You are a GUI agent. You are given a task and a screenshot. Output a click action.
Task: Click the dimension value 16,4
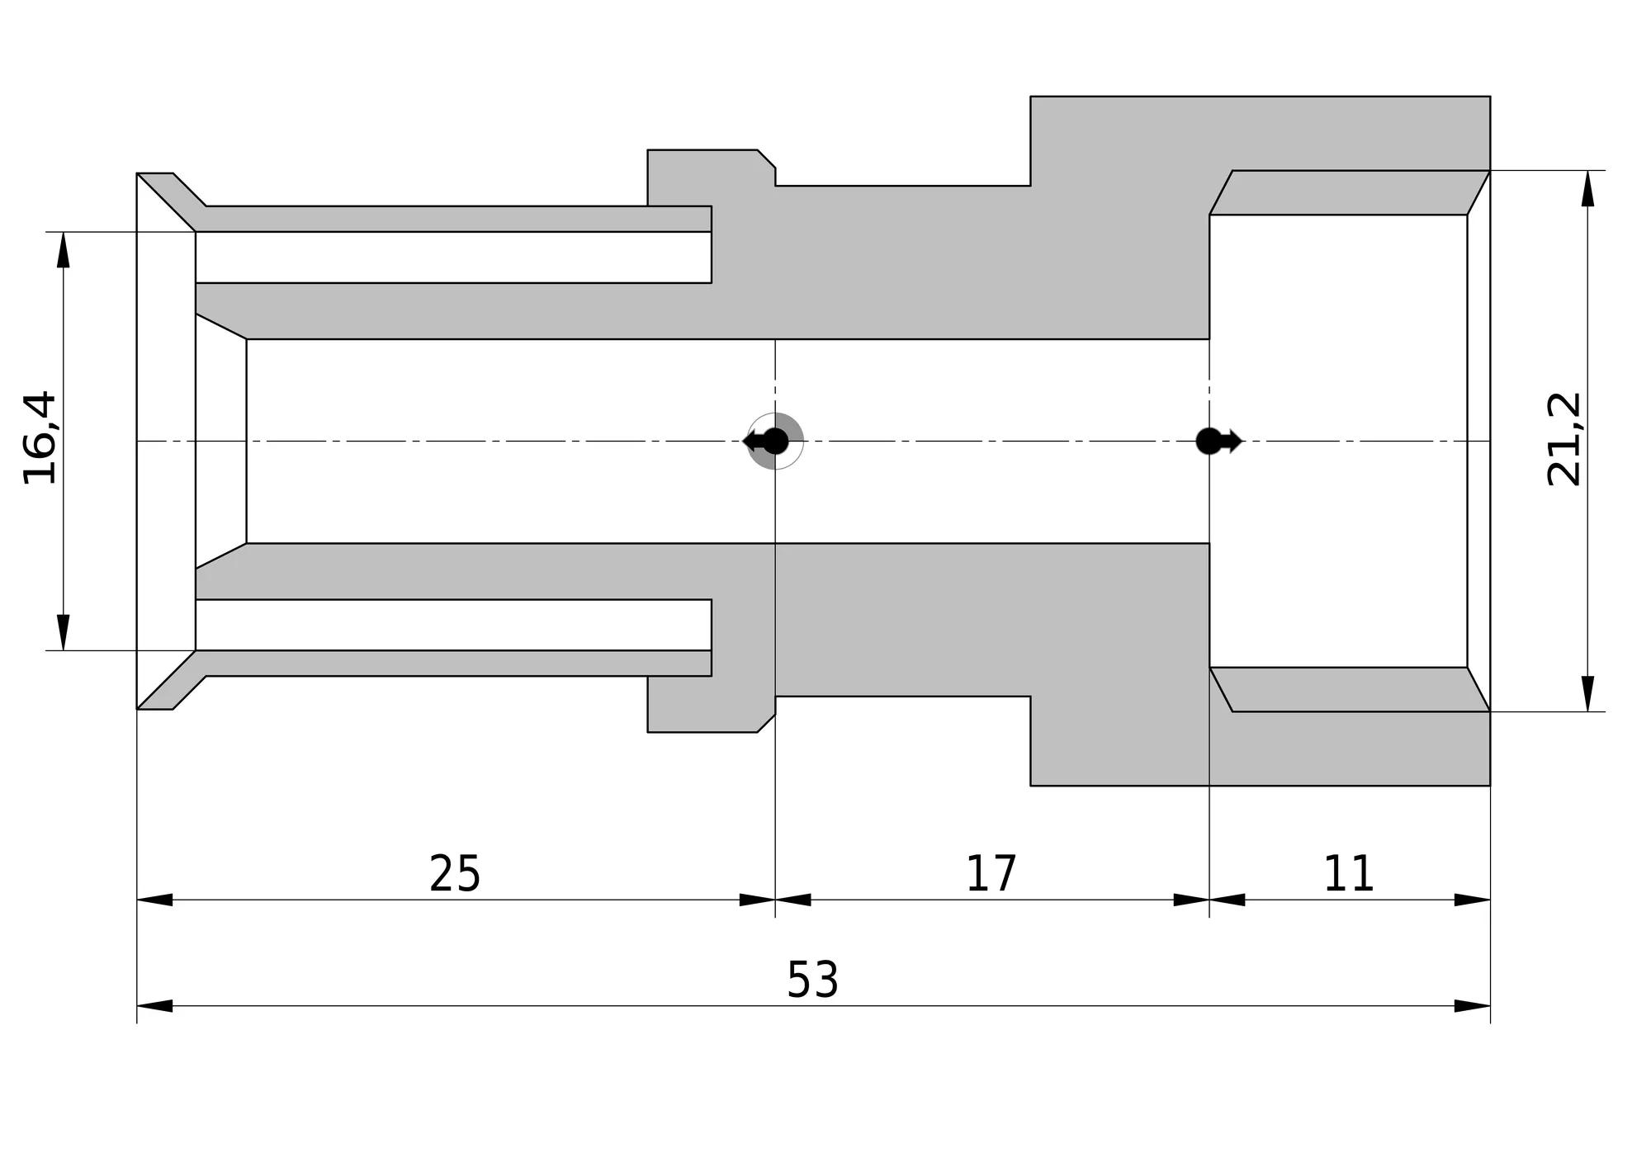point(40,437)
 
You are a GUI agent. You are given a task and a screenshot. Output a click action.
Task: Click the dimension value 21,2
point(1563,439)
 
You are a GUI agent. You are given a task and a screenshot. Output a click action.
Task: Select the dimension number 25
point(455,873)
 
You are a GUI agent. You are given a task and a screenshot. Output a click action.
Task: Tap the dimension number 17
point(991,873)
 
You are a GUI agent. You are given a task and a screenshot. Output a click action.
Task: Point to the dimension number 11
point(1349,873)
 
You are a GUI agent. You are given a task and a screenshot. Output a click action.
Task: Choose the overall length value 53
point(812,980)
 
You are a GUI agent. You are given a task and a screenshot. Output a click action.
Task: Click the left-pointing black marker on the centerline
point(766,442)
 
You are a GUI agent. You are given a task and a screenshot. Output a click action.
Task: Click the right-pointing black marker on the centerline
point(1218,442)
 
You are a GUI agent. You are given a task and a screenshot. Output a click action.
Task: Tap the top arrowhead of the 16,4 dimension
point(64,249)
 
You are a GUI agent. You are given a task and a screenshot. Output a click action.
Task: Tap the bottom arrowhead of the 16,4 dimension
point(64,632)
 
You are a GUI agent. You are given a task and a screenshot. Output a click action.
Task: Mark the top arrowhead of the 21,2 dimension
point(1587,188)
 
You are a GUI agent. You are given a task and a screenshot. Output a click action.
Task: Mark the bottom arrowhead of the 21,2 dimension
point(1587,693)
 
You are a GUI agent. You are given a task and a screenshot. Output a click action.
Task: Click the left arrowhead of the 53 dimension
point(154,1006)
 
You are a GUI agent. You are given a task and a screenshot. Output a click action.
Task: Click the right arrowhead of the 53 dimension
point(1472,1006)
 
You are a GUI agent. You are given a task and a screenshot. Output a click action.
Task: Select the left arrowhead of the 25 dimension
point(154,900)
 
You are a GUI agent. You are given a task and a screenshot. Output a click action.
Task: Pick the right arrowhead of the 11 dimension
point(1472,900)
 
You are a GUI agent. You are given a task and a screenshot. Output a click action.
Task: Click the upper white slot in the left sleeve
point(453,257)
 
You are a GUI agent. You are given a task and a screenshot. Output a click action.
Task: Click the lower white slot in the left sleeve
point(453,625)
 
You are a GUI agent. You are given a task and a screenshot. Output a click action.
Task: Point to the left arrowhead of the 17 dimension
point(793,900)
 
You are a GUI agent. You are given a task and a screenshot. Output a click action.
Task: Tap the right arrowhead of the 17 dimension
point(1191,900)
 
